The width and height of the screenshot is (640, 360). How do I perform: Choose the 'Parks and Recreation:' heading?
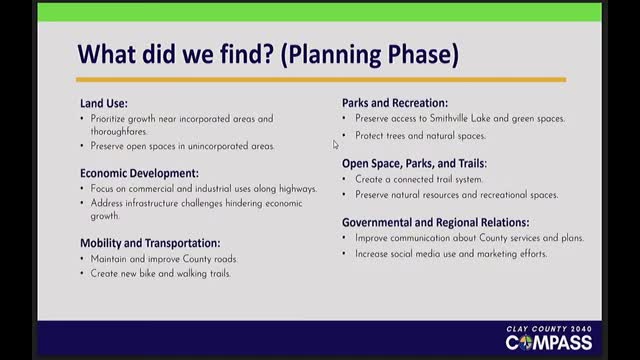pyautogui.click(x=394, y=103)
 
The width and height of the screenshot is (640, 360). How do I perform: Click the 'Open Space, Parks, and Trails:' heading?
pyautogui.click(x=414, y=162)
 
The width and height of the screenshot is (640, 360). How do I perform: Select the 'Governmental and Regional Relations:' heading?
pyautogui.click(x=435, y=222)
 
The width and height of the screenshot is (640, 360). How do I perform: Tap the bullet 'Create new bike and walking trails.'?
pyautogui.click(x=160, y=273)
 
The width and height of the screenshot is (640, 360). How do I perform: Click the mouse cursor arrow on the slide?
pyautogui.click(x=336, y=145)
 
